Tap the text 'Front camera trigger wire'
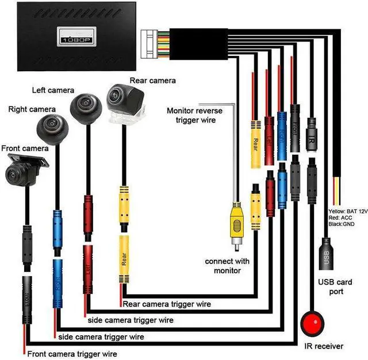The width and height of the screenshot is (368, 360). pyautogui.click(x=72, y=354)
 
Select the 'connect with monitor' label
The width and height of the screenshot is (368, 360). pyautogui.click(x=227, y=265)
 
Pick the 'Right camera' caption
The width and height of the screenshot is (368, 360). pyautogui.click(x=32, y=109)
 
